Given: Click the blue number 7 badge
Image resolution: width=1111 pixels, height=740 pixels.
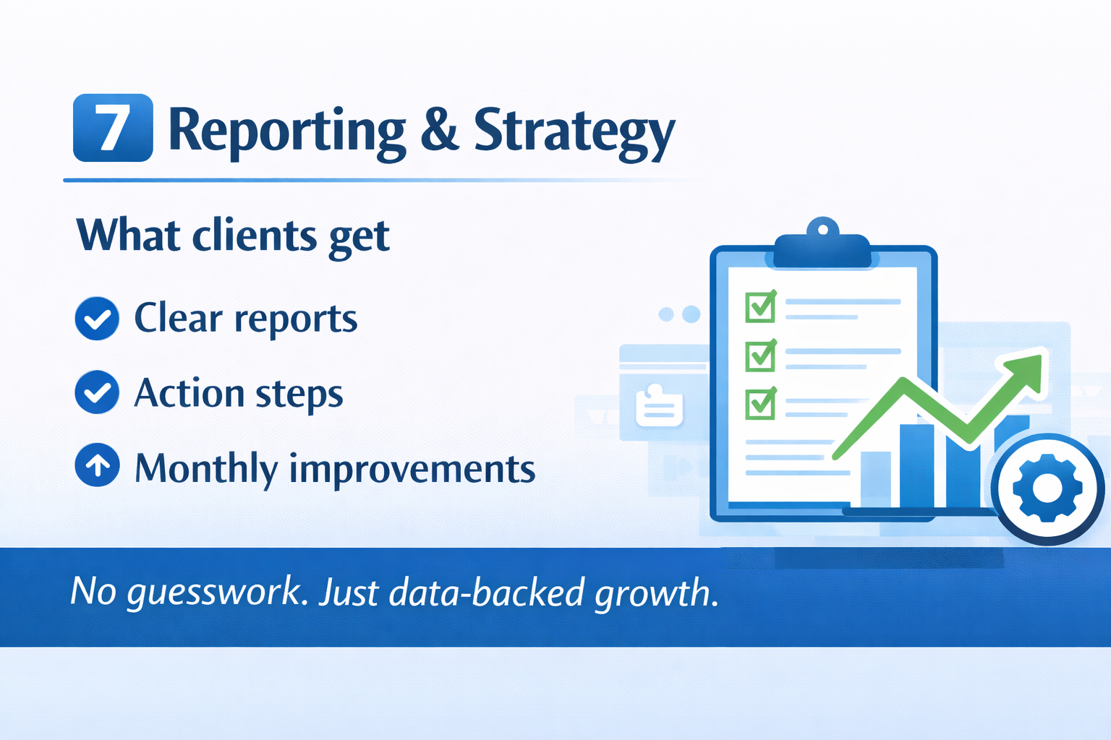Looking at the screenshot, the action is click(113, 128).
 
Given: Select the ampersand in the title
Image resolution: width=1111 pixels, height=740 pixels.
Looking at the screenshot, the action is click(440, 129).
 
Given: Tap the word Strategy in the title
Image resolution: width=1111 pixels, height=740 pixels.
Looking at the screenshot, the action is click(574, 133).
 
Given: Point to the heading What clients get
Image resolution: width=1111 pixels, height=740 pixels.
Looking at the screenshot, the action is click(233, 236).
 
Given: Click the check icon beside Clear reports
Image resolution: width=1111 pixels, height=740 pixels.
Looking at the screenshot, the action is click(97, 319).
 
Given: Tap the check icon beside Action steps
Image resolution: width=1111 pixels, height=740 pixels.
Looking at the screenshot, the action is click(97, 392).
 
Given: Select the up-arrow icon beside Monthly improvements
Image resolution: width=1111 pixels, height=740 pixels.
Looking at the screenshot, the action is click(97, 465).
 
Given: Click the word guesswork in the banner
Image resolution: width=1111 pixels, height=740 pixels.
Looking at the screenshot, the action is click(213, 593).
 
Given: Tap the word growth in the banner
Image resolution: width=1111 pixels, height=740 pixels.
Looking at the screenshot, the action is click(657, 593).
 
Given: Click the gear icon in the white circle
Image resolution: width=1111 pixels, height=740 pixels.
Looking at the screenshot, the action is click(1047, 489).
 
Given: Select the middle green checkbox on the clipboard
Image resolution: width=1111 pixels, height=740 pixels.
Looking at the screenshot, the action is click(761, 356).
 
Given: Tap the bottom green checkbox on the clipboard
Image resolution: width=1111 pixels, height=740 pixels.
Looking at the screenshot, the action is click(761, 404).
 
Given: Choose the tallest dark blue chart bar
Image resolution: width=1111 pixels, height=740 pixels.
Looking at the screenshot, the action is click(916, 466).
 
